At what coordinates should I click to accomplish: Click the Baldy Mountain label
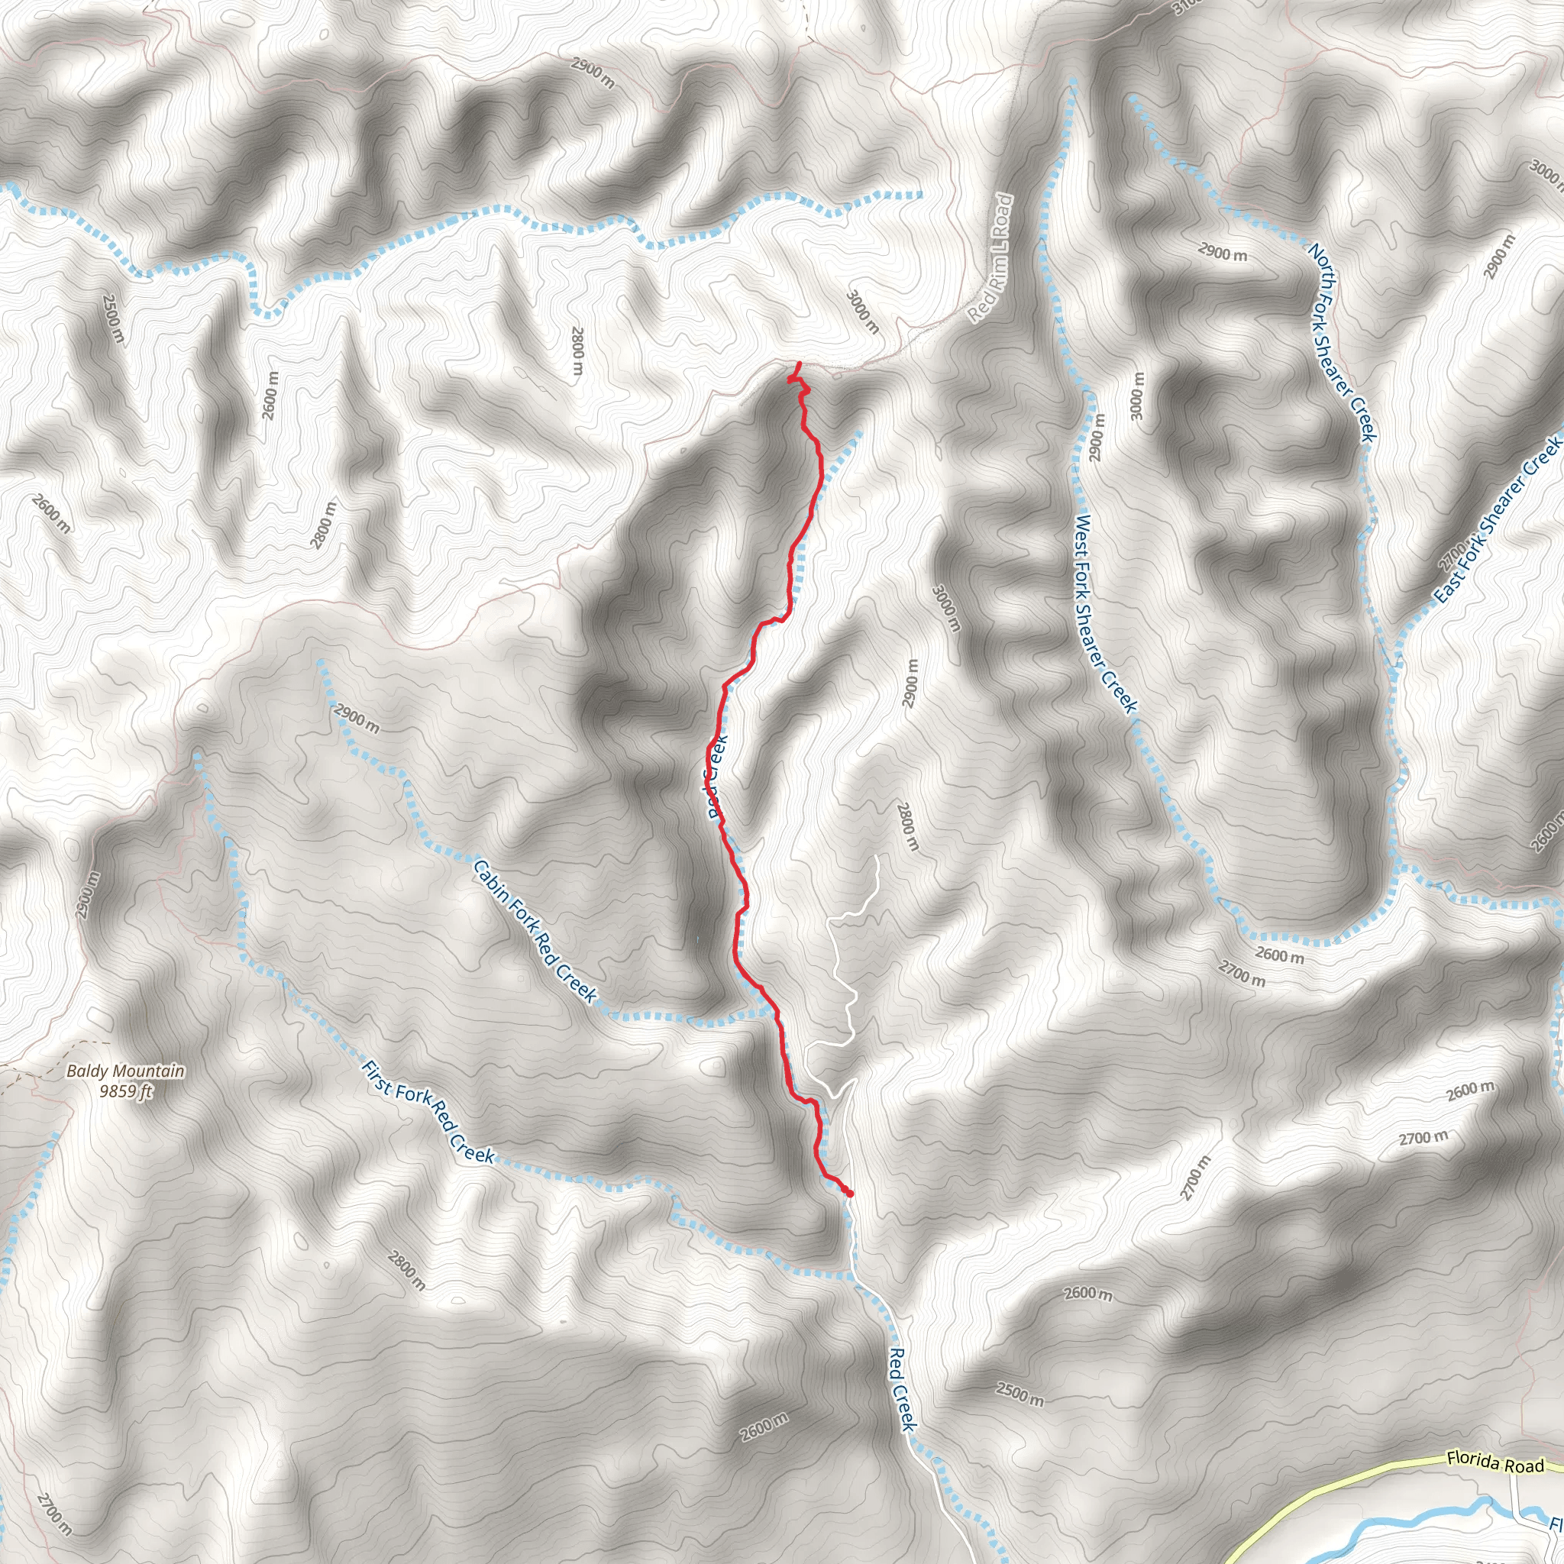click(x=125, y=1071)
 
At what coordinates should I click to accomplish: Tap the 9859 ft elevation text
click(x=125, y=1091)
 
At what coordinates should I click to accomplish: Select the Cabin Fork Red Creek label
click(x=535, y=932)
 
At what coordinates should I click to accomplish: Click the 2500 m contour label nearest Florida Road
click(x=1020, y=1394)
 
